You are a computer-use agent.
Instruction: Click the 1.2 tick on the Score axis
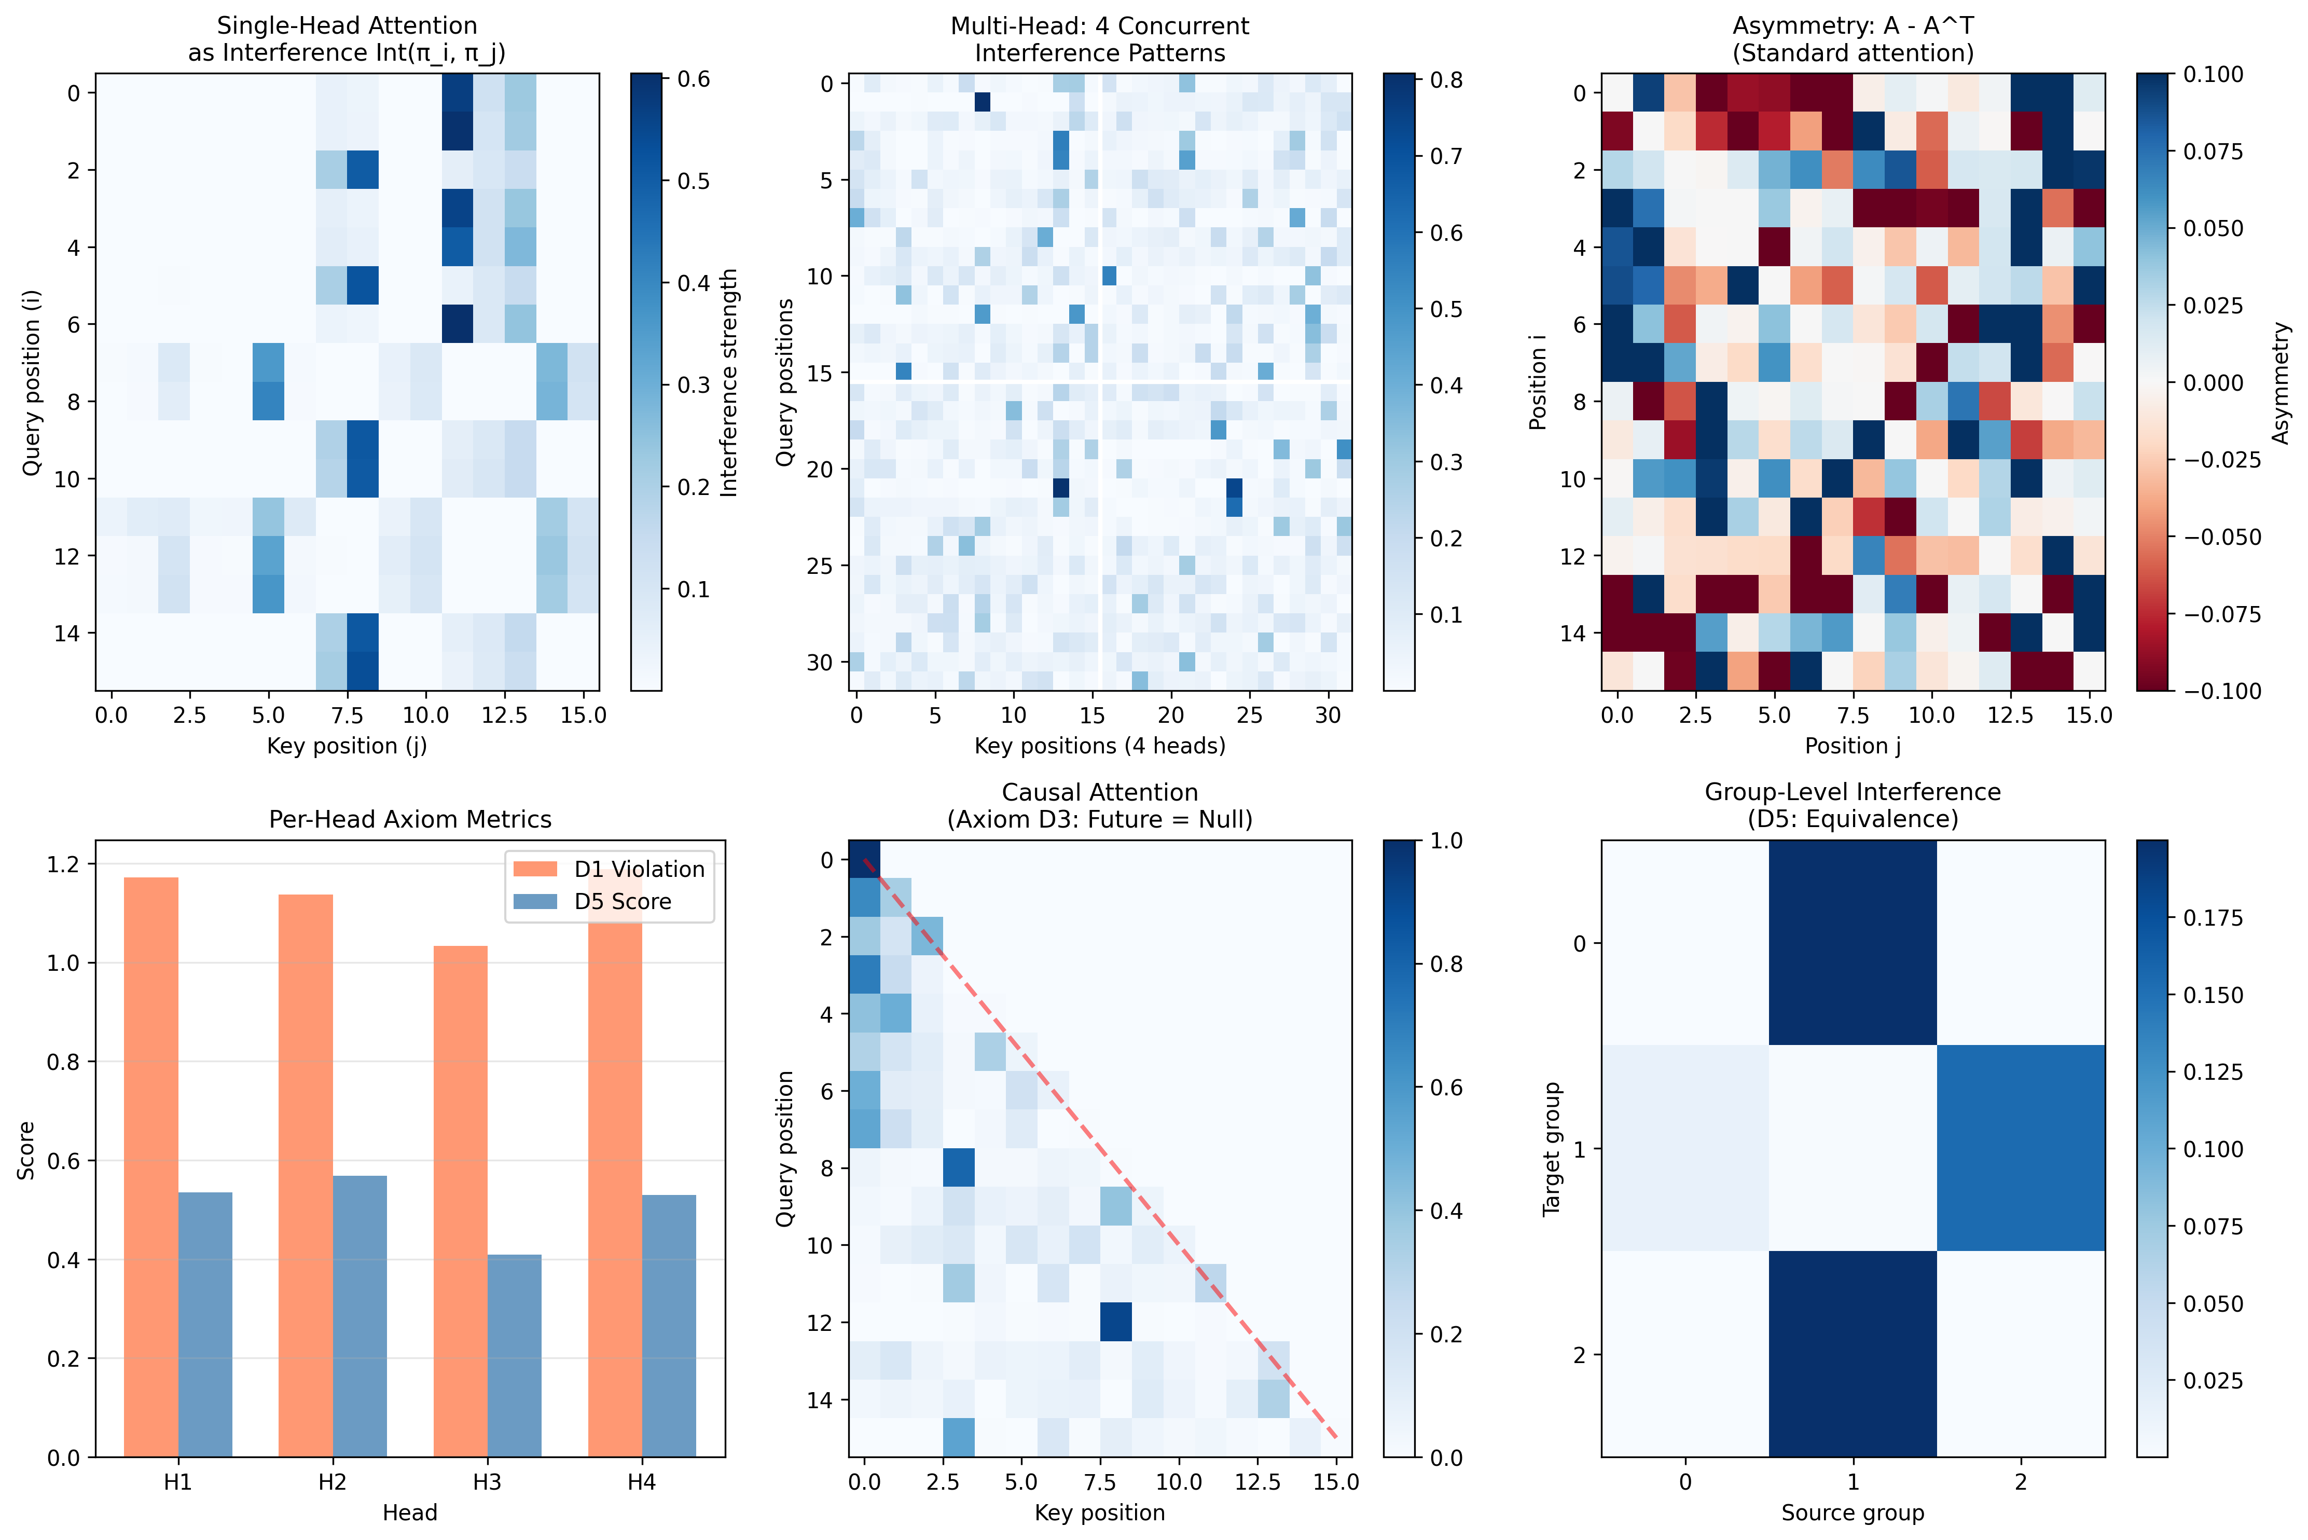[x=61, y=864]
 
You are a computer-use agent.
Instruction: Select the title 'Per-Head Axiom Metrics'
[x=410, y=819]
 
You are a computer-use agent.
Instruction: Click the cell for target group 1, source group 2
[x=2021, y=1148]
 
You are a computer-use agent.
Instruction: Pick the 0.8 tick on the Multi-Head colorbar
[x=1445, y=79]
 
